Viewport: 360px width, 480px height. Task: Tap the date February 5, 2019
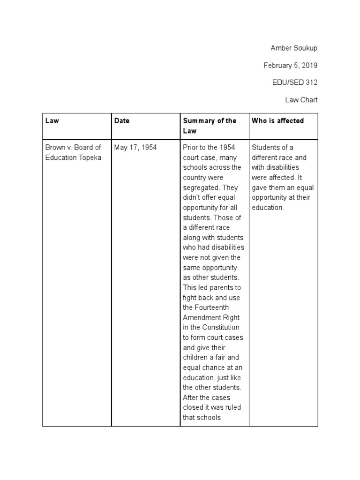coord(291,66)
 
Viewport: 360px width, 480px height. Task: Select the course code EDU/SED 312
coord(294,82)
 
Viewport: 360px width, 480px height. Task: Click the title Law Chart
coord(301,99)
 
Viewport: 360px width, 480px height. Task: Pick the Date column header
coord(122,120)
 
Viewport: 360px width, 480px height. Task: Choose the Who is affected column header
coord(277,120)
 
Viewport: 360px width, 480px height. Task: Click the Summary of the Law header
coord(210,126)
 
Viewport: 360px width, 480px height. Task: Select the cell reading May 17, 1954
coord(135,148)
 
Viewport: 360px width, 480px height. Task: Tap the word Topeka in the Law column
coord(91,157)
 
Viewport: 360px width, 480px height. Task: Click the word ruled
coord(232,407)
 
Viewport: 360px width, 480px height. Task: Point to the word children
coord(195,358)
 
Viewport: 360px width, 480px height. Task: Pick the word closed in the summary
coord(193,407)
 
